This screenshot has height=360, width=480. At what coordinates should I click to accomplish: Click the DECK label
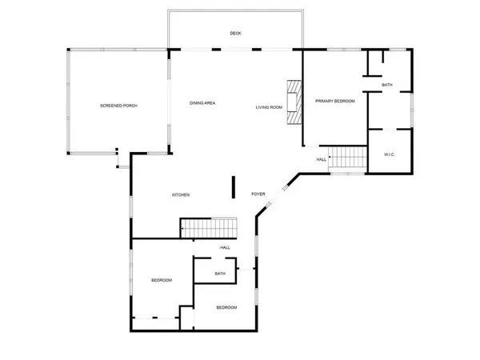point(235,34)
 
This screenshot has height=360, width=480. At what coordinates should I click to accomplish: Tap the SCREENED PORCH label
point(119,106)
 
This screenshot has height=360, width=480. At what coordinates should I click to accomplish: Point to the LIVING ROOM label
point(269,106)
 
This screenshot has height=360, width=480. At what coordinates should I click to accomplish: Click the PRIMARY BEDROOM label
point(334,101)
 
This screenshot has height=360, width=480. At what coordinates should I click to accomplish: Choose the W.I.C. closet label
point(390,154)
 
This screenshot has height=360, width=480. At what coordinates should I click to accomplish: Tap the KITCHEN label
point(181,194)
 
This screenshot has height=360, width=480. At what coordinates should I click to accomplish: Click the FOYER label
point(258,194)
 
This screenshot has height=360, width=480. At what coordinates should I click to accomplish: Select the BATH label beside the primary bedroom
point(387,85)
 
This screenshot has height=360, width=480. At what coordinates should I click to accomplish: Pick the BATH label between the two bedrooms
point(220,274)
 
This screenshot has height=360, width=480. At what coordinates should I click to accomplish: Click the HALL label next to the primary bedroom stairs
point(322,159)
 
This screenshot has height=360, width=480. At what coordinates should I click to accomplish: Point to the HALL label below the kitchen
point(225,247)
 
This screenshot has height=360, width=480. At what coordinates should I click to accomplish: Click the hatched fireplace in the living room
point(295,102)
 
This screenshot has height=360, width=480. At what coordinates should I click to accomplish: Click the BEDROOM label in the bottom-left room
point(162,280)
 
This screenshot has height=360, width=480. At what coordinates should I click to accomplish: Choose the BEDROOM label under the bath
point(226,307)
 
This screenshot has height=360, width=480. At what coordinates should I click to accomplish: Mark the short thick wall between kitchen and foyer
point(233,186)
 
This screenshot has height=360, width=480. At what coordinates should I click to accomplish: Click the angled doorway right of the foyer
point(284,191)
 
